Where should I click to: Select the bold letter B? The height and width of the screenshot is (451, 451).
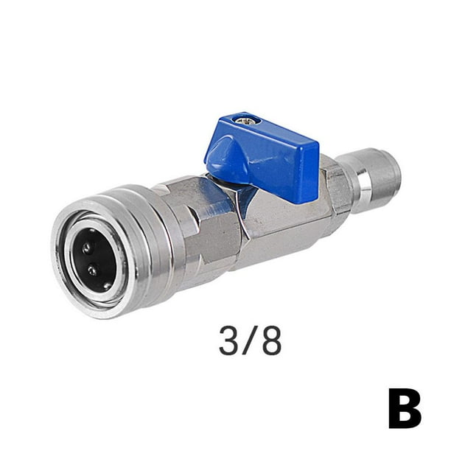click(405, 409)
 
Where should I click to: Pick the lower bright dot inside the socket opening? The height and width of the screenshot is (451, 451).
click(91, 270)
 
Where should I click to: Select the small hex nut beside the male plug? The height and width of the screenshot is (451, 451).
click(340, 187)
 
